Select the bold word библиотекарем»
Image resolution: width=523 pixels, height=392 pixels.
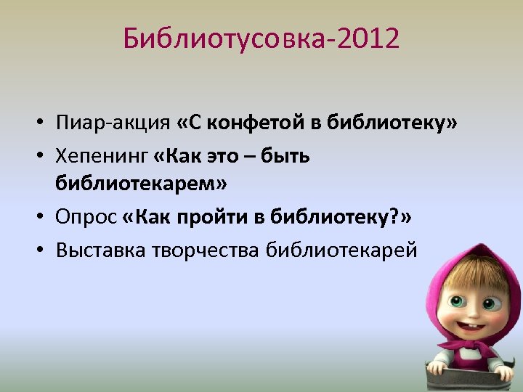141,184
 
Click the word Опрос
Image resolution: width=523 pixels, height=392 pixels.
86,216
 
